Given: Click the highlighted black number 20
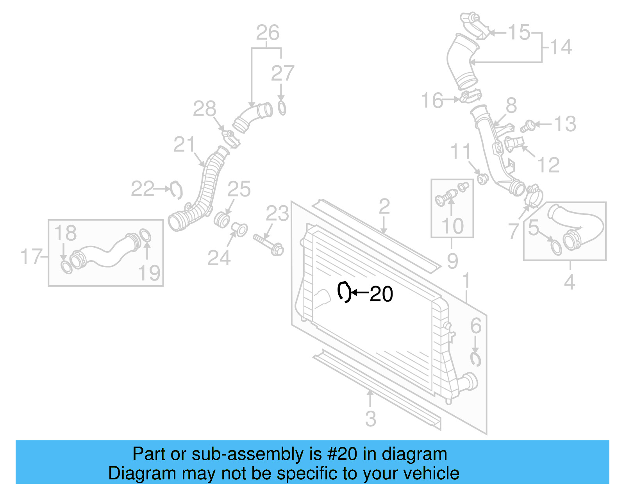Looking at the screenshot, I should (381, 294).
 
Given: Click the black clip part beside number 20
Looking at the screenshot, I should (344, 291).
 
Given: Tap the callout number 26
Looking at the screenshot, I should (268, 33).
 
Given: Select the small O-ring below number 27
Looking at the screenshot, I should (282, 108).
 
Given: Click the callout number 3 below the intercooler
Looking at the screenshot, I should (370, 419).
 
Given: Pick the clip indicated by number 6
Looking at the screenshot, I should (475, 359).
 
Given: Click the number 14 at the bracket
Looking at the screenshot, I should (561, 47).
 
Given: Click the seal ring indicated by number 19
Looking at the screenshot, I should (145, 236).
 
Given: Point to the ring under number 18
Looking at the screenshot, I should (66, 267).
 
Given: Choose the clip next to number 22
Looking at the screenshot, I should (177, 190).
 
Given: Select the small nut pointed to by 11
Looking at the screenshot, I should (483, 179).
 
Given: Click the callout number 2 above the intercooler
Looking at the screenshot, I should (384, 206).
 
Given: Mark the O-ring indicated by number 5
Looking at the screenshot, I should (556, 247).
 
